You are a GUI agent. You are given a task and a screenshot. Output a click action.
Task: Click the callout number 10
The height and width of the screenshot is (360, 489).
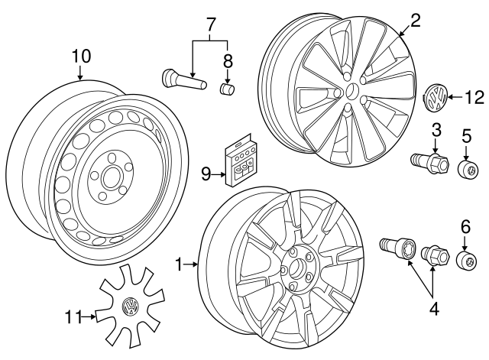tap(81, 56)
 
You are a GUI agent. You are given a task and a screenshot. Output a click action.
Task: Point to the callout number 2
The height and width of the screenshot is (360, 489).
tap(415, 21)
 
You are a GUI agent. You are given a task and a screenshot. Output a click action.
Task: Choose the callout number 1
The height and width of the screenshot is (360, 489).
tap(179, 265)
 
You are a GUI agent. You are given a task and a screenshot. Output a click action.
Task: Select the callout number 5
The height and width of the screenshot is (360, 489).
tap(465, 137)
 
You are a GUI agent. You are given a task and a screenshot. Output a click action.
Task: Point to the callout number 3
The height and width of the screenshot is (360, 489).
tap(436, 129)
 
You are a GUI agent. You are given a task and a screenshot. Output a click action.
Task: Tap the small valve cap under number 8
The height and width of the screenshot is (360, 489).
tap(226, 89)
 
